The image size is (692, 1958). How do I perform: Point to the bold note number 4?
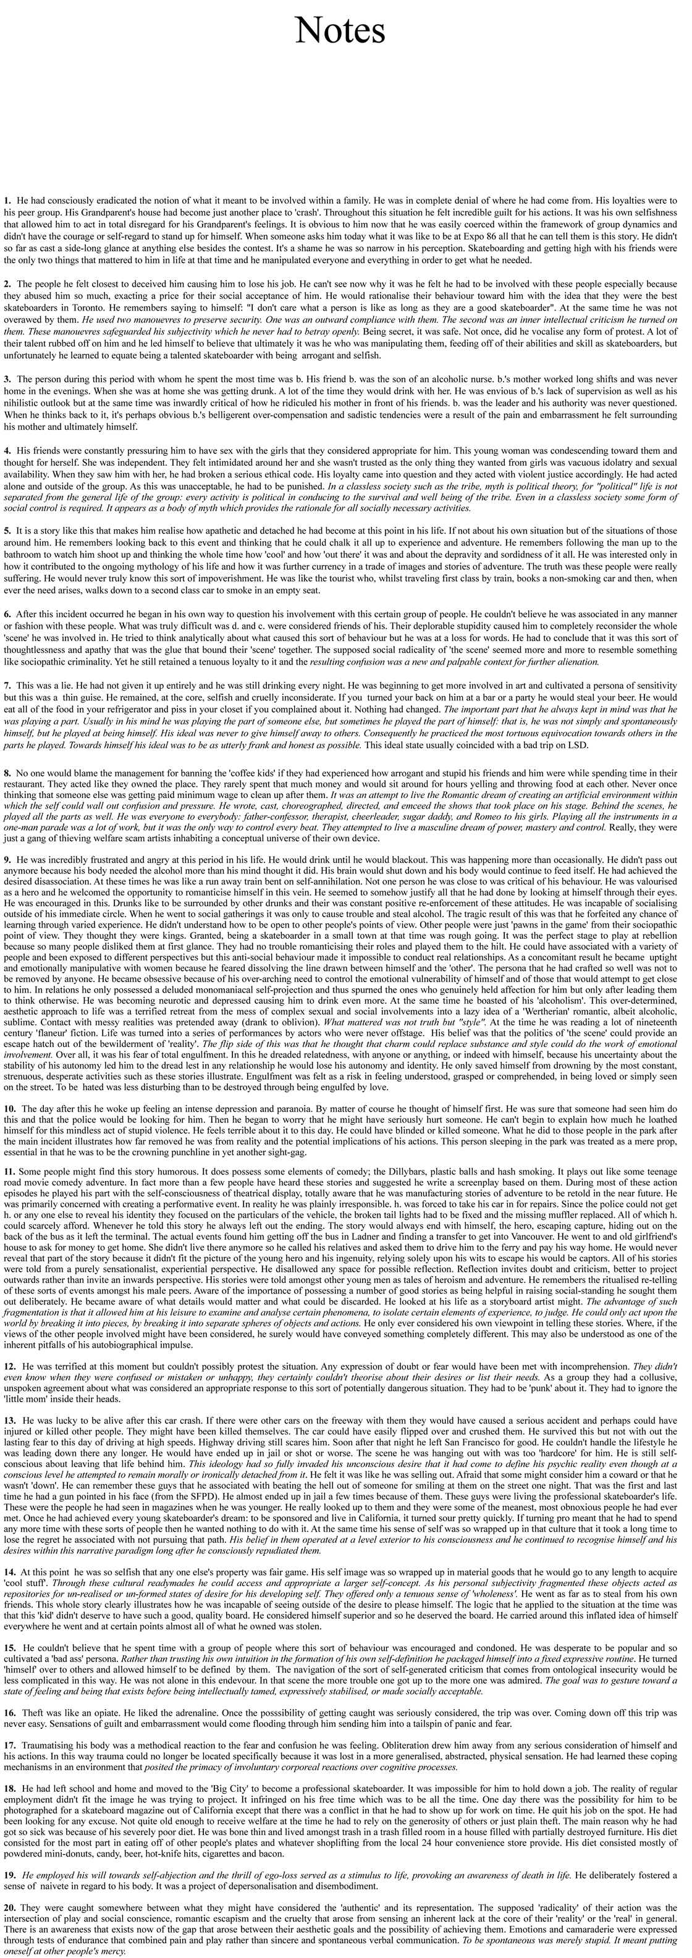click(x=7, y=451)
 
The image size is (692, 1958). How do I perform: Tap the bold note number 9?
click(x=7, y=859)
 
